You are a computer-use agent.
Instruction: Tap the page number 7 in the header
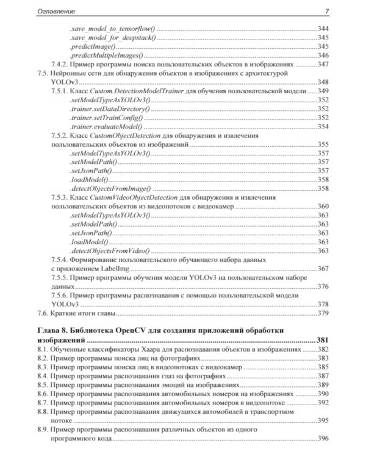(327, 11)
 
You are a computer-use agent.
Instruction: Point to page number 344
(323, 29)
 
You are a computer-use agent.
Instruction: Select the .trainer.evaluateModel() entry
(105, 126)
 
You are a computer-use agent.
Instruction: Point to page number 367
(323, 269)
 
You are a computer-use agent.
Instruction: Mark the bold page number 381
(323, 339)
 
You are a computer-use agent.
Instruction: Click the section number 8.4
(42, 376)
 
